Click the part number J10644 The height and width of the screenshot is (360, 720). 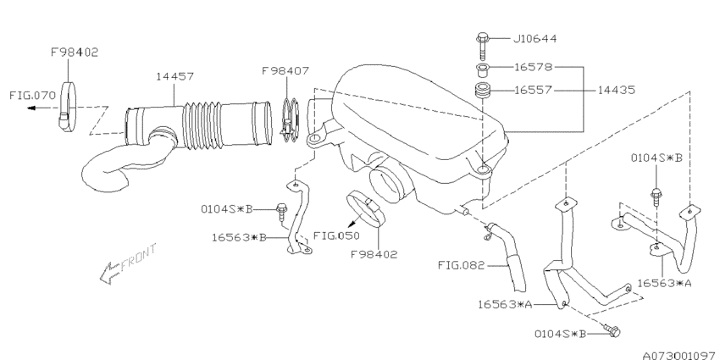click(x=534, y=39)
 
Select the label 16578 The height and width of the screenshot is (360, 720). click(x=533, y=67)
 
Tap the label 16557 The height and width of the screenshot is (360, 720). click(x=533, y=91)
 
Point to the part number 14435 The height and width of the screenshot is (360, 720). click(x=616, y=90)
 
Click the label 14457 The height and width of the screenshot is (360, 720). click(x=174, y=76)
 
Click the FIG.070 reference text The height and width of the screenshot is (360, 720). click(x=32, y=96)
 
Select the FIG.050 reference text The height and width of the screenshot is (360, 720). click(x=336, y=235)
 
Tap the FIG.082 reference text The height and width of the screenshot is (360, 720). click(x=461, y=265)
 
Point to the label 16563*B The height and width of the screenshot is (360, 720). click(x=239, y=238)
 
